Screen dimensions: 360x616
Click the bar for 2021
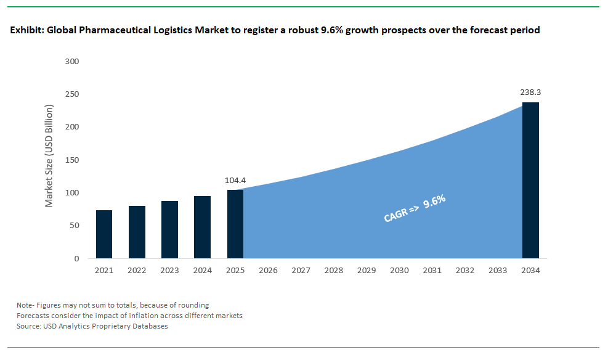point(104,234)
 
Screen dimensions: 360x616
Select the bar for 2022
point(137,232)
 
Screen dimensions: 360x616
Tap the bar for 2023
point(169,229)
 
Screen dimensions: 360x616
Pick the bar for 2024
point(202,227)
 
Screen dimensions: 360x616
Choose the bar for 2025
point(235,224)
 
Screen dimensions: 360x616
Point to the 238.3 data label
point(530,92)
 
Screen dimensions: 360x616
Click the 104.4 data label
point(235,181)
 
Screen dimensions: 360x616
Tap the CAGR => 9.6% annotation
point(414,208)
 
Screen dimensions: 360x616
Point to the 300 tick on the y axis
point(72,62)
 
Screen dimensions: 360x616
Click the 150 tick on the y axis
point(72,160)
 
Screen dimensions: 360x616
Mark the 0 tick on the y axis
point(76,259)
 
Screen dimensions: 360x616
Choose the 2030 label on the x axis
point(399,271)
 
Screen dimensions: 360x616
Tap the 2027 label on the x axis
point(301,271)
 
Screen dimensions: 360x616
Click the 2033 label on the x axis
point(498,271)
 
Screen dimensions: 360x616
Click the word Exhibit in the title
point(26,30)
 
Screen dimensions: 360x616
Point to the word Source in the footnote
point(29,326)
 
